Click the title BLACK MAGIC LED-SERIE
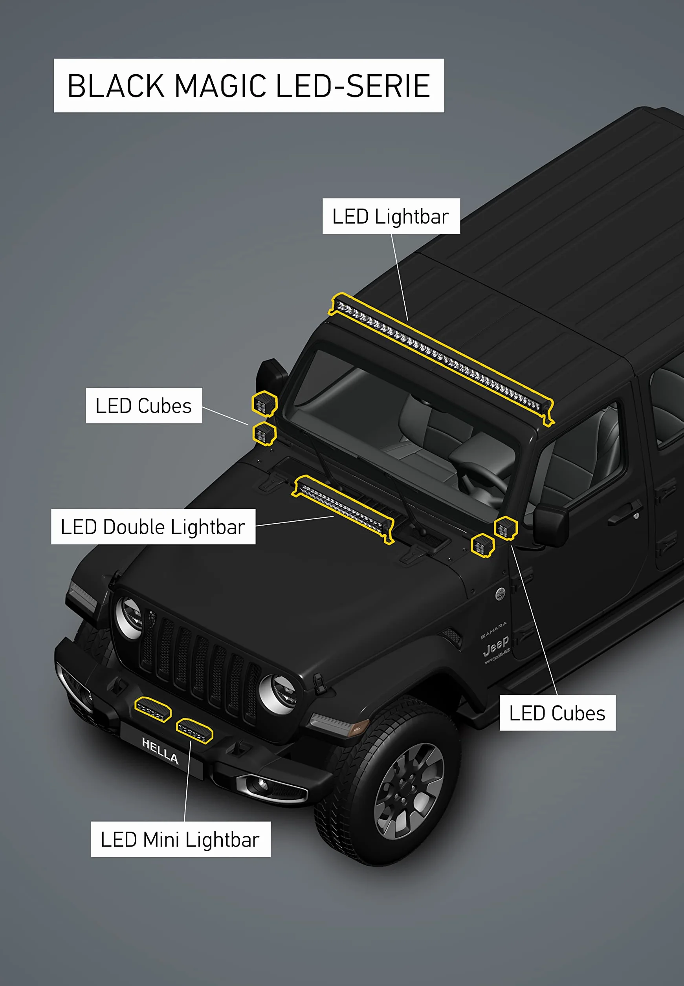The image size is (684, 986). pyautogui.click(x=249, y=86)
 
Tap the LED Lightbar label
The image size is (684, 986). pyautogui.click(x=391, y=216)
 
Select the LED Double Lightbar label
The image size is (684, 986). pyautogui.click(x=153, y=527)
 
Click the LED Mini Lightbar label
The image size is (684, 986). pyautogui.click(x=180, y=839)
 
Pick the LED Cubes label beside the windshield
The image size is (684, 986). pyautogui.click(x=143, y=405)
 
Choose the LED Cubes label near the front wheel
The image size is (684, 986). pyautogui.click(x=557, y=713)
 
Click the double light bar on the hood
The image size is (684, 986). pyautogui.click(x=343, y=509)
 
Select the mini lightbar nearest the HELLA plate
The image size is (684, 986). pyautogui.click(x=194, y=731)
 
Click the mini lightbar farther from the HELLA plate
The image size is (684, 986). pyautogui.click(x=153, y=709)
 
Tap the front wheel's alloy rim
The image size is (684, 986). pyautogui.click(x=409, y=791)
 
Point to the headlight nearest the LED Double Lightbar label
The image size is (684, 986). pyautogui.click(x=129, y=618)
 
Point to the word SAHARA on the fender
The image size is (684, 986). pyautogui.click(x=493, y=629)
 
